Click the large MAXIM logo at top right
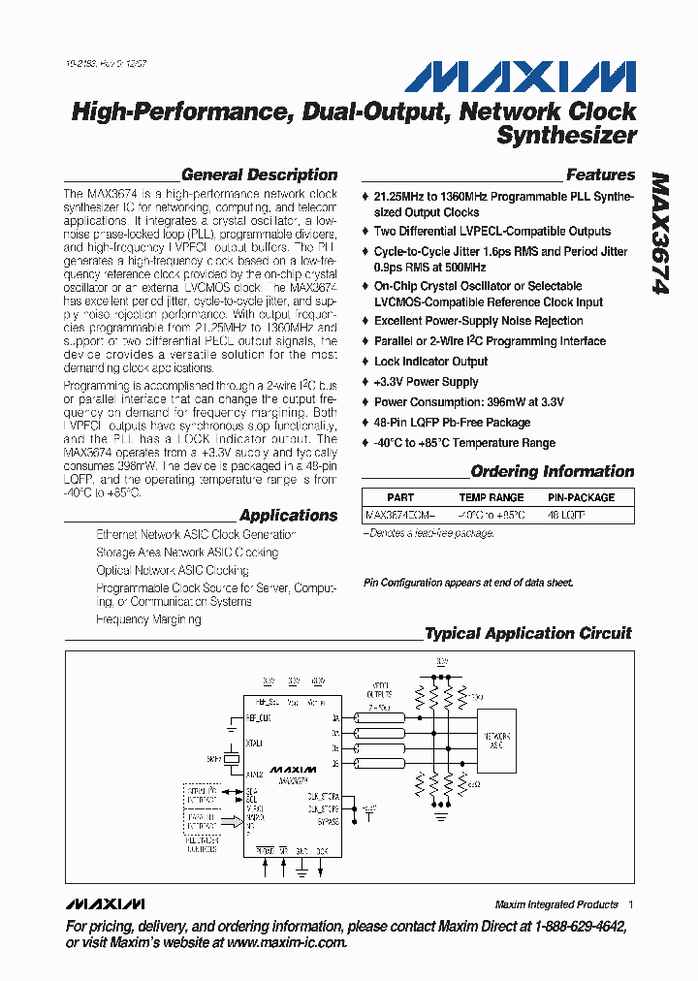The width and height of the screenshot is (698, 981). [x=520, y=78]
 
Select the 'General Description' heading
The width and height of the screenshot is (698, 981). [x=260, y=175]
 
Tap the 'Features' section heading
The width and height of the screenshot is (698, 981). [x=600, y=175]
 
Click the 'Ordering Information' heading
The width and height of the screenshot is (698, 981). [x=553, y=472]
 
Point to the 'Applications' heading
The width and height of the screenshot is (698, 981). [x=288, y=516]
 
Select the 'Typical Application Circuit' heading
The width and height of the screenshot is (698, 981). [x=528, y=634]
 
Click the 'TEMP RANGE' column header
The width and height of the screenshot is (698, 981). [x=492, y=497]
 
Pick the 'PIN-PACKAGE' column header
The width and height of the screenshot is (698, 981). [x=582, y=497]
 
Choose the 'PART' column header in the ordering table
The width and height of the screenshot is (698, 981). [x=400, y=497]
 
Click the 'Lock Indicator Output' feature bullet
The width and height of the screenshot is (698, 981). [x=430, y=362]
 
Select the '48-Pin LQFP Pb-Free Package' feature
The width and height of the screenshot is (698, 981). [x=452, y=423]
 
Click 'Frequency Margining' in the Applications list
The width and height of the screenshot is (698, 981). [x=148, y=619]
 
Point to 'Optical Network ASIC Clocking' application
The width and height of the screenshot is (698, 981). [x=173, y=571]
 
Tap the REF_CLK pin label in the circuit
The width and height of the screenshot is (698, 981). [x=260, y=718]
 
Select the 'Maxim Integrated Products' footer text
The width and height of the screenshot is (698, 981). [x=556, y=904]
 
